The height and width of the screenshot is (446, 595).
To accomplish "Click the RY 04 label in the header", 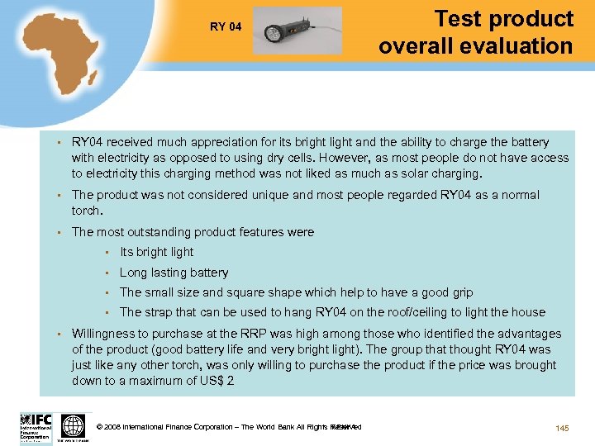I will pyautogui.click(x=226, y=27).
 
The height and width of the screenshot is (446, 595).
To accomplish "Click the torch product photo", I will pyautogui.click(x=297, y=31).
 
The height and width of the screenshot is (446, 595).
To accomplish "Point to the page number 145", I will pyautogui.click(x=562, y=427).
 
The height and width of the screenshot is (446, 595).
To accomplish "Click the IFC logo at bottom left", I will pyautogui.click(x=36, y=427).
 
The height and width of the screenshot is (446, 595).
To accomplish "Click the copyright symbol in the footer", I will pyautogui.click(x=100, y=427).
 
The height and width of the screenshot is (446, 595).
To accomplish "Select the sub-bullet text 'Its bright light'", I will pyautogui.click(x=156, y=252).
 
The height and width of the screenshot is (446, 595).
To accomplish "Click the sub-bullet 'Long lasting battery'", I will pyautogui.click(x=174, y=273).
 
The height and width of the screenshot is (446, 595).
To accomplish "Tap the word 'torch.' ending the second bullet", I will pyautogui.click(x=88, y=211).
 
